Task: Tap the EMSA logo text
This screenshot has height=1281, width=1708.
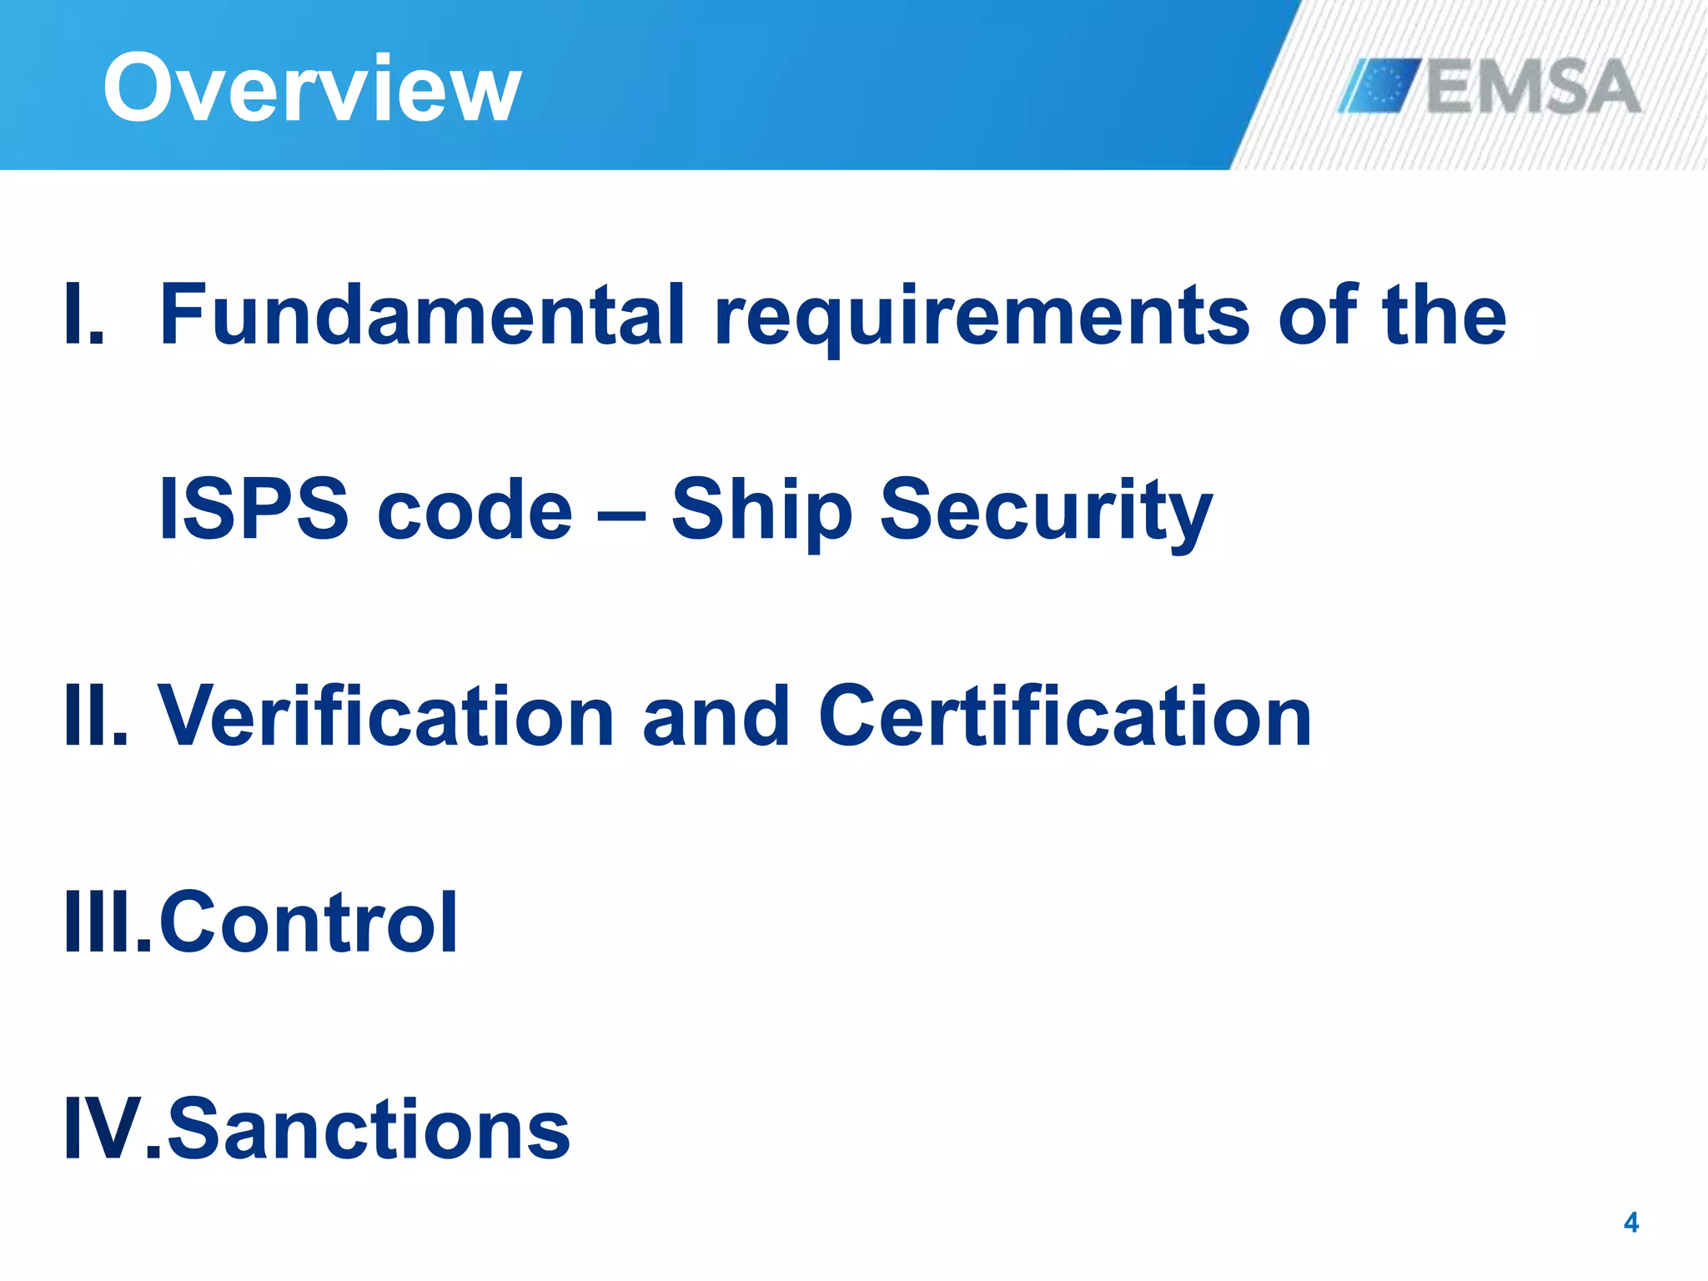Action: [x=1533, y=87]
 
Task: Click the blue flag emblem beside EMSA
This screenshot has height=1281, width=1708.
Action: [x=1379, y=85]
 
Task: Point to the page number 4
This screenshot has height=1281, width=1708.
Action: [x=1631, y=1223]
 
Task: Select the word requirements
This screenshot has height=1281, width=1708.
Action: [x=982, y=317]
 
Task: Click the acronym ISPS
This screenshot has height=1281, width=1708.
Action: [x=254, y=509]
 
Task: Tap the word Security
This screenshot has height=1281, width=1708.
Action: [x=1046, y=510]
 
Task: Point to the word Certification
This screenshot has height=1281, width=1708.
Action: [x=1065, y=716]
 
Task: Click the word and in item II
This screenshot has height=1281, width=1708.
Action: [x=716, y=716]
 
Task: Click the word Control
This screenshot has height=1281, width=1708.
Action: [x=308, y=922]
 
